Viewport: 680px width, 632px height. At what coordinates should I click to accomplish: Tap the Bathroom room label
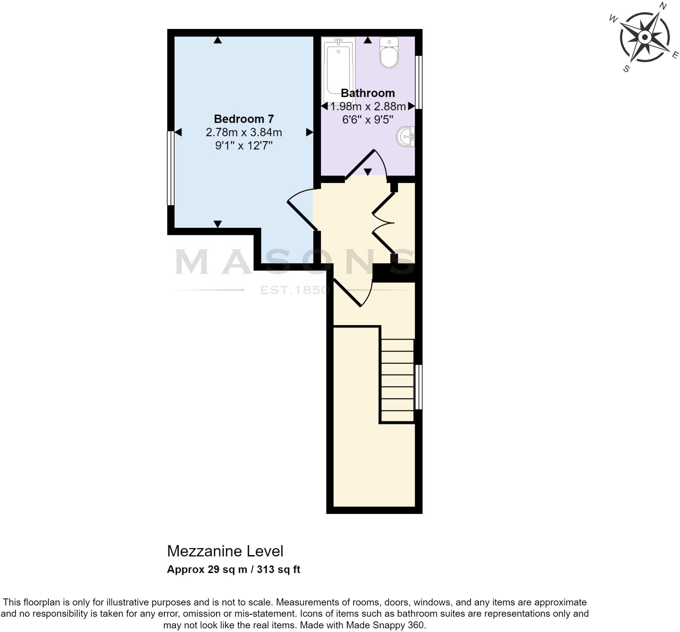(368, 93)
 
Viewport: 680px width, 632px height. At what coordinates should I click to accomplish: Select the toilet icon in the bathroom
(389, 53)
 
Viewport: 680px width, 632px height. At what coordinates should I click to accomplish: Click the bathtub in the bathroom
(338, 70)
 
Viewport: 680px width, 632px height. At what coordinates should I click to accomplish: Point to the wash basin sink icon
(406, 136)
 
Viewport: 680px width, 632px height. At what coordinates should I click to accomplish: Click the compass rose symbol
(645, 37)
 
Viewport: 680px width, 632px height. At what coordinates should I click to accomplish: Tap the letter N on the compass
(663, 6)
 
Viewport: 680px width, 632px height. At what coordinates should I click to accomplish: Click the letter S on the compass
(626, 69)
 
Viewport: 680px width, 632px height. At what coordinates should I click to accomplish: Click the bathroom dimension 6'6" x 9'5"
(368, 120)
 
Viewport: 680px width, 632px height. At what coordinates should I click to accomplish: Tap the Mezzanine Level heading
(225, 551)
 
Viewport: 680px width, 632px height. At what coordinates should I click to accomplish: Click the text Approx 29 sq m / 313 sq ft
(233, 569)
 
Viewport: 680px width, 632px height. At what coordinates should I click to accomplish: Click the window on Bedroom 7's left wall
(170, 168)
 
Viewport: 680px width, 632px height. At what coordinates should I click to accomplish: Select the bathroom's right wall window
(419, 82)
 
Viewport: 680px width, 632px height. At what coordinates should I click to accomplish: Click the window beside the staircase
(418, 387)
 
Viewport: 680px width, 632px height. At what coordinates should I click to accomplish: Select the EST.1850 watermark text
(295, 290)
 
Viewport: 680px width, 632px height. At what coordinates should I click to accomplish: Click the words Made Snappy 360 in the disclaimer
(385, 625)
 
